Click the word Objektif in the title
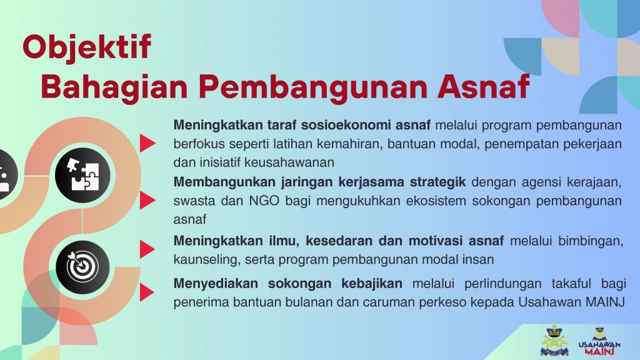click(87, 47)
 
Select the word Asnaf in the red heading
click(483, 86)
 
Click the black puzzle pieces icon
click(83, 176)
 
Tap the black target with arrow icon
click(83, 267)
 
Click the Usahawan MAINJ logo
click(599, 341)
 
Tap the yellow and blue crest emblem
click(554, 340)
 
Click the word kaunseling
click(206, 260)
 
